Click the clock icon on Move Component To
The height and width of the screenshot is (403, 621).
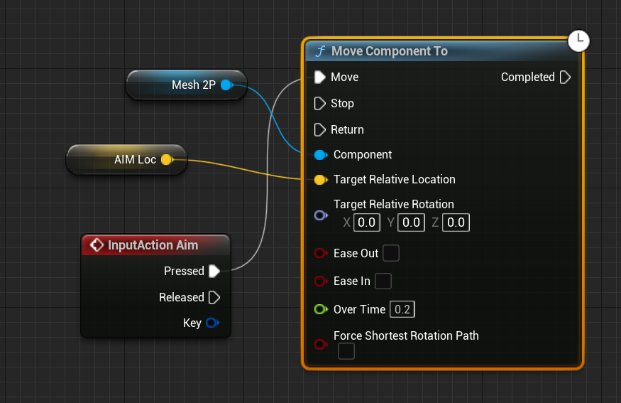pos(579,41)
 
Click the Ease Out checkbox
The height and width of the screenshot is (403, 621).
pos(391,253)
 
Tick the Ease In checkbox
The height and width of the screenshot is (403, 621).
pos(383,281)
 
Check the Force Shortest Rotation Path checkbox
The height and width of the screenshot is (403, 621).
pos(346,351)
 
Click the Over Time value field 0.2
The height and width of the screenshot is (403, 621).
pos(402,309)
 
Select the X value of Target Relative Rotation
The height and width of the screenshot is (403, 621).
pos(367,222)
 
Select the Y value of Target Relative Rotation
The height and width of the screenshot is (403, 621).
pos(412,222)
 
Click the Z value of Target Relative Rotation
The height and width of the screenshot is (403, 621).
pos(456,222)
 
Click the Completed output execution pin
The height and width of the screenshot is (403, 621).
pos(565,77)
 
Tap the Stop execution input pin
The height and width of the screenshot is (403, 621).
pos(319,103)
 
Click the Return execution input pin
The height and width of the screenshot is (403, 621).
pos(319,129)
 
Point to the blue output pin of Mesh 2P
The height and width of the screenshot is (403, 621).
pos(226,85)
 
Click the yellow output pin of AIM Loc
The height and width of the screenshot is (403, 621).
pos(166,160)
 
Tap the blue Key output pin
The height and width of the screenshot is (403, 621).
pos(211,323)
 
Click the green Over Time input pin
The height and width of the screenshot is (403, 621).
pos(320,309)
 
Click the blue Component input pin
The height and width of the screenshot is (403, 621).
pos(319,154)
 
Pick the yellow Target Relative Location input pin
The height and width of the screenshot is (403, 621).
pos(319,180)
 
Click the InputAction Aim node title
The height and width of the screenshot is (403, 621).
pos(153,245)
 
